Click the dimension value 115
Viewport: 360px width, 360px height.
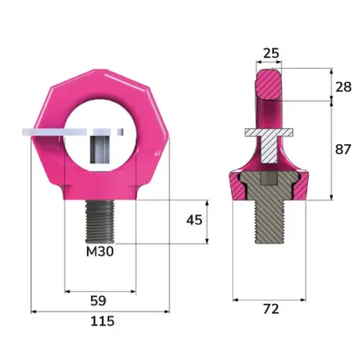(102, 321)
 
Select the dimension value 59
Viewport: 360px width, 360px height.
(98, 301)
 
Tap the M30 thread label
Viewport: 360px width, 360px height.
(100, 252)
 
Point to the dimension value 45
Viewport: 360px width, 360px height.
(194, 220)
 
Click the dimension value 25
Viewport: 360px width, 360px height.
(271, 53)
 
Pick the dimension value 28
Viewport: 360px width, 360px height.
(343, 87)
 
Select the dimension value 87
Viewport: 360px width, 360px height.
(343, 150)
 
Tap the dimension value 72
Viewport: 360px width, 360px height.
(271, 309)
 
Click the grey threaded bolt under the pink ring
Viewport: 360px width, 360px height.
(100, 222)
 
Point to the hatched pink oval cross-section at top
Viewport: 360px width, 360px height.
(269, 85)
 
